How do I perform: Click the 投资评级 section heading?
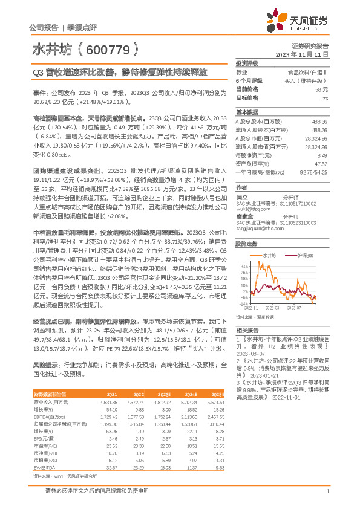click(247, 63)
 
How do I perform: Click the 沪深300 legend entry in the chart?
click(304, 256)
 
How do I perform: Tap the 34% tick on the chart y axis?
click(243, 265)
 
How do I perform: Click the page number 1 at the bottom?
click(327, 499)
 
